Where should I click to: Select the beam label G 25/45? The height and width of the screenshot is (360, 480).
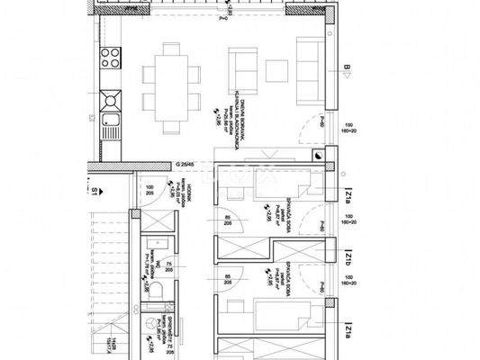(184, 165)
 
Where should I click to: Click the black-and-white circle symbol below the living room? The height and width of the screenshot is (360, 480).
(322, 155)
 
